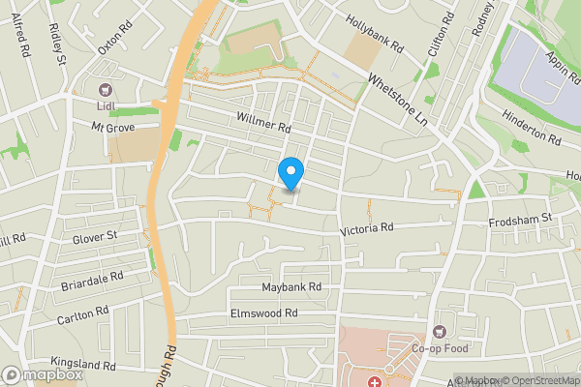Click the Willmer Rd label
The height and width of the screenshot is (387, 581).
click(262, 121)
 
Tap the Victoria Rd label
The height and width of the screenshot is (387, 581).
click(366, 229)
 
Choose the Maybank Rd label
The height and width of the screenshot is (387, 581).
click(290, 287)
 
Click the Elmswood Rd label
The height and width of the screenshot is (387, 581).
click(263, 313)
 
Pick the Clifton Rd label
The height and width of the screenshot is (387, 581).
click(441, 32)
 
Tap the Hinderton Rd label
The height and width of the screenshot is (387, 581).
click(530, 127)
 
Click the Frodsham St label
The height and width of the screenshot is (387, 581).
click(519, 220)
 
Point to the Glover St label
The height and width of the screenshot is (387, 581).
click(94, 235)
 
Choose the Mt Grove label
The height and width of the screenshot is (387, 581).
click(112, 127)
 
